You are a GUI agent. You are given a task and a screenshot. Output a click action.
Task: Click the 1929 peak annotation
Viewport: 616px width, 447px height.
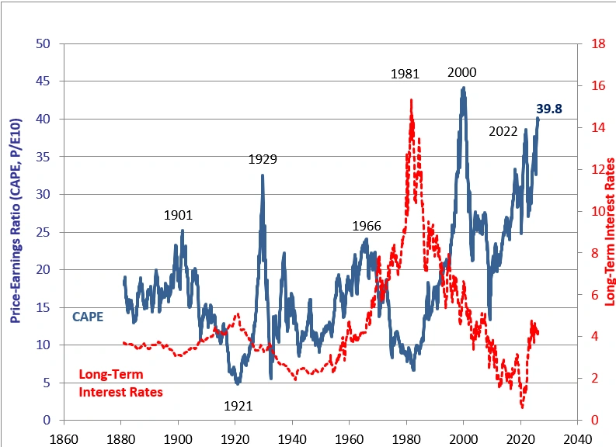[x=263, y=160]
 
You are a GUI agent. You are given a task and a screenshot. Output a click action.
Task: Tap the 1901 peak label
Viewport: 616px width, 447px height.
[x=178, y=216]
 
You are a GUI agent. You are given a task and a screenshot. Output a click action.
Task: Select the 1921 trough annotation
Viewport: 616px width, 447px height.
[x=238, y=405]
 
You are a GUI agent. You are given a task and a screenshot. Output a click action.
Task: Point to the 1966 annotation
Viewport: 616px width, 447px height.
[x=367, y=227]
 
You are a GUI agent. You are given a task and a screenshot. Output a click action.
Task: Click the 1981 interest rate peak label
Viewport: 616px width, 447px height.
[x=405, y=74]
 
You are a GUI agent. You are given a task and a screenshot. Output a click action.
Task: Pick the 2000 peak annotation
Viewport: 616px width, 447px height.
[x=462, y=73]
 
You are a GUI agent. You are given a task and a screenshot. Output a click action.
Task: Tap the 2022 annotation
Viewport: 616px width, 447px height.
[x=503, y=131]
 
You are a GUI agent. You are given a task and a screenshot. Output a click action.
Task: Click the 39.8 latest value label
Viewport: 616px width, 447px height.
[x=549, y=109]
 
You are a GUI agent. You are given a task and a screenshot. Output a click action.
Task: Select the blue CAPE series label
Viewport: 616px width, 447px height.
[x=88, y=317]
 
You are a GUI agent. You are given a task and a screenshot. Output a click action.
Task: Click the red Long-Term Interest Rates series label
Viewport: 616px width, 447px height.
[x=121, y=383]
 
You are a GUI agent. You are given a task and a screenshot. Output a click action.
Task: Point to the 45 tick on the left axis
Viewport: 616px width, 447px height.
[x=44, y=81]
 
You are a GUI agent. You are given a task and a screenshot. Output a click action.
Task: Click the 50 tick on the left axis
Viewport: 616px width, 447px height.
[x=44, y=43]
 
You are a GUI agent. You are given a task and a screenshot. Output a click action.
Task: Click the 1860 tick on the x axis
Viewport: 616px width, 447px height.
[x=64, y=437]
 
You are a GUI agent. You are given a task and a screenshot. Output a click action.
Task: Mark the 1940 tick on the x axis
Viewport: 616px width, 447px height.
[x=292, y=437]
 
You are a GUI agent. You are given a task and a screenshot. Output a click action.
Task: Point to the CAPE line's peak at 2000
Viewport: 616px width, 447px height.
[x=464, y=88]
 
